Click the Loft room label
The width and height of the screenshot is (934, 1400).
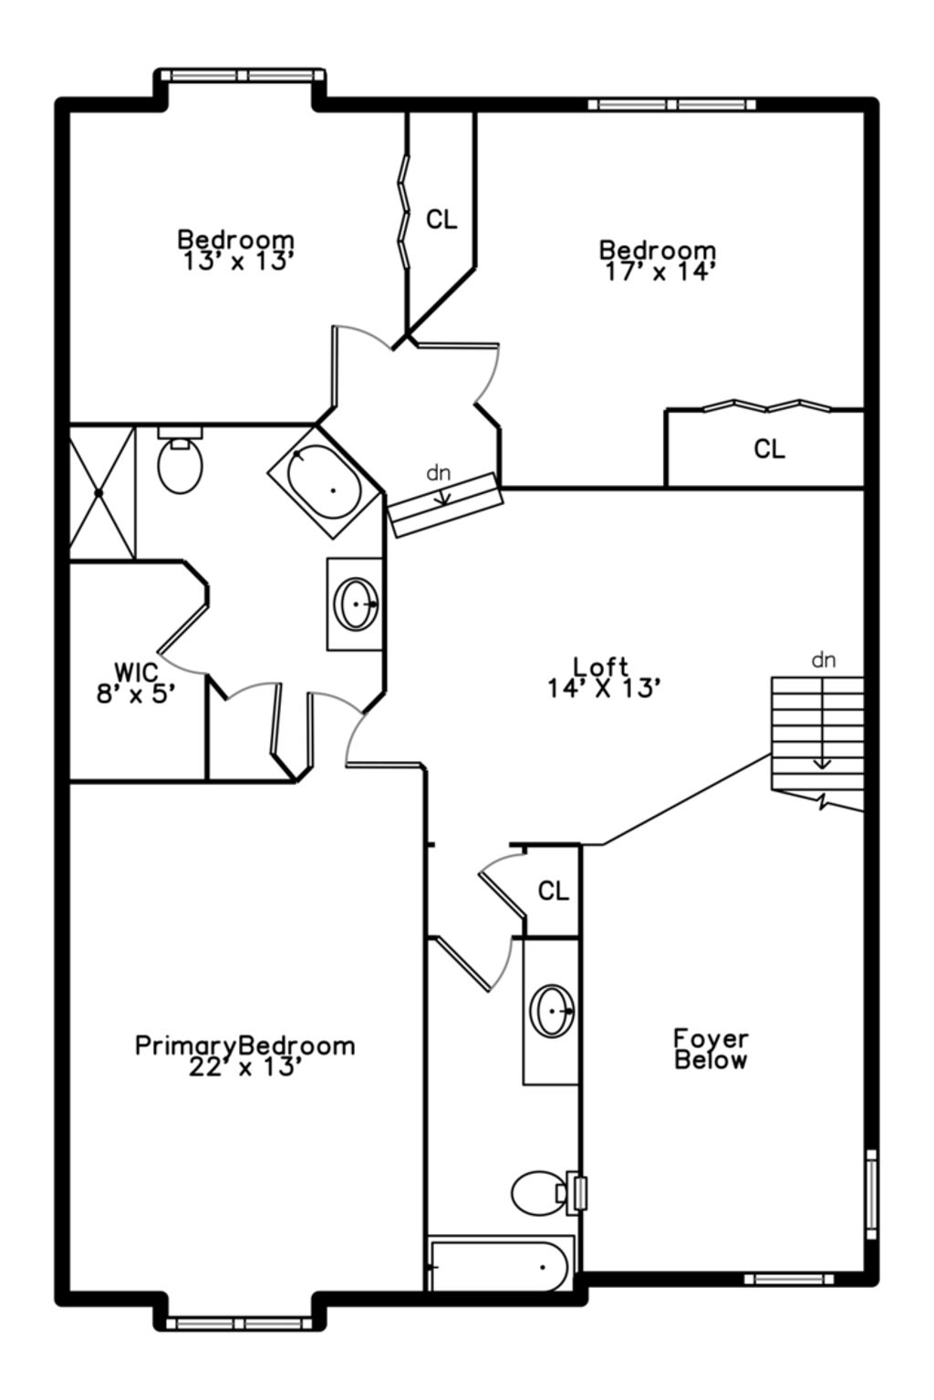point(601,667)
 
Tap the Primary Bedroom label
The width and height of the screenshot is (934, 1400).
point(244,1045)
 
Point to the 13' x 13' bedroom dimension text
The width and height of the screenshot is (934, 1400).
point(237,262)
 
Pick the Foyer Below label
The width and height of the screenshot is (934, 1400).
point(711,1049)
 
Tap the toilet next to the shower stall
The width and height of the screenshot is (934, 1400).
point(180,462)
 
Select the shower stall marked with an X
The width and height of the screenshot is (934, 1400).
point(101,492)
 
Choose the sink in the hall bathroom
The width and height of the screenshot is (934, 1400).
point(552,1011)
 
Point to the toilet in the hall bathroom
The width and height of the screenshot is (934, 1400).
point(539,1192)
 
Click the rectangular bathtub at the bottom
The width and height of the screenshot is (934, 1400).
point(502,1265)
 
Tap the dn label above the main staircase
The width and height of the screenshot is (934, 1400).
point(823,661)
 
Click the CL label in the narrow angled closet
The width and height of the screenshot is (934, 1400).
point(442,220)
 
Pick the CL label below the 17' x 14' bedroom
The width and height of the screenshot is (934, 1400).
point(769,448)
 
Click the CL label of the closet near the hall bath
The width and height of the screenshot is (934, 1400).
point(553,890)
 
